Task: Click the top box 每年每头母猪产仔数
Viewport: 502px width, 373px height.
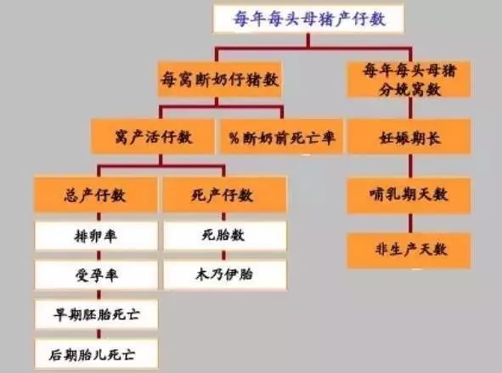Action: pyautogui.click(x=308, y=18)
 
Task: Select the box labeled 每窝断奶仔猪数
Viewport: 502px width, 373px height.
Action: pyautogui.click(x=220, y=79)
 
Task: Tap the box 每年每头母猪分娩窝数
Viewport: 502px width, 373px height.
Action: pyautogui.click(x=409, y=79)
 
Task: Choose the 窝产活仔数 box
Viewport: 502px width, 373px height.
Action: pyautogui.click(x=153, y=137)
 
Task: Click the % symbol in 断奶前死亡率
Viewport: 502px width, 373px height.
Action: pyautogui.click(x=234, y=138)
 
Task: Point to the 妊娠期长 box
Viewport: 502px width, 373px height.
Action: pyautogui.click(x=409, y=137)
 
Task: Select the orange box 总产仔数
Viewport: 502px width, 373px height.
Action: pyautogui.click(x=96, y=195)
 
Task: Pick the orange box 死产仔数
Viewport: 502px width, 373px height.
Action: pyautogui.click(x=224, y=195)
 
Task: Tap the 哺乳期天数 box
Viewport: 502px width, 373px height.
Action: pyautogui.click(x=409, y=195)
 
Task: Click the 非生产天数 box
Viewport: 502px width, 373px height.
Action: pyautogui.click(x=409, y=251)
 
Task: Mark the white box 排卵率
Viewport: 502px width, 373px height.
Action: pyautogui.click(x=96, y=236)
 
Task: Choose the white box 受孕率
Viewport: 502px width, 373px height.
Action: pyautogui.click(x=96, y=274)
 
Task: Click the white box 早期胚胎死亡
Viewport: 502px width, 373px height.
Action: pyautogui.click(x=96, y=314)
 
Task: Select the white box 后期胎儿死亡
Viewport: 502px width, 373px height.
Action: pyautogui.click(x=96, y=353)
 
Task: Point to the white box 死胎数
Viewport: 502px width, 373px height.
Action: pyautogui.click(x=225, y=236)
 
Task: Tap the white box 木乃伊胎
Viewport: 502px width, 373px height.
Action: pyautogui.click(x=225, y=274)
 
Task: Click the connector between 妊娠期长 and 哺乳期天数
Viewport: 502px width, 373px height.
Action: pyautogui.click(x=411, y=166)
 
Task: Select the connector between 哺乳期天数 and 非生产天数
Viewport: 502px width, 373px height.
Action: pyautogui.click(x=411, y=223)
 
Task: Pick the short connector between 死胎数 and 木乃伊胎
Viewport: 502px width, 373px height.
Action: pyautogui.click(x=223, y=256)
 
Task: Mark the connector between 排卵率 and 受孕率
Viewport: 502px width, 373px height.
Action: pyautogui.click(x=99, y=256)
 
